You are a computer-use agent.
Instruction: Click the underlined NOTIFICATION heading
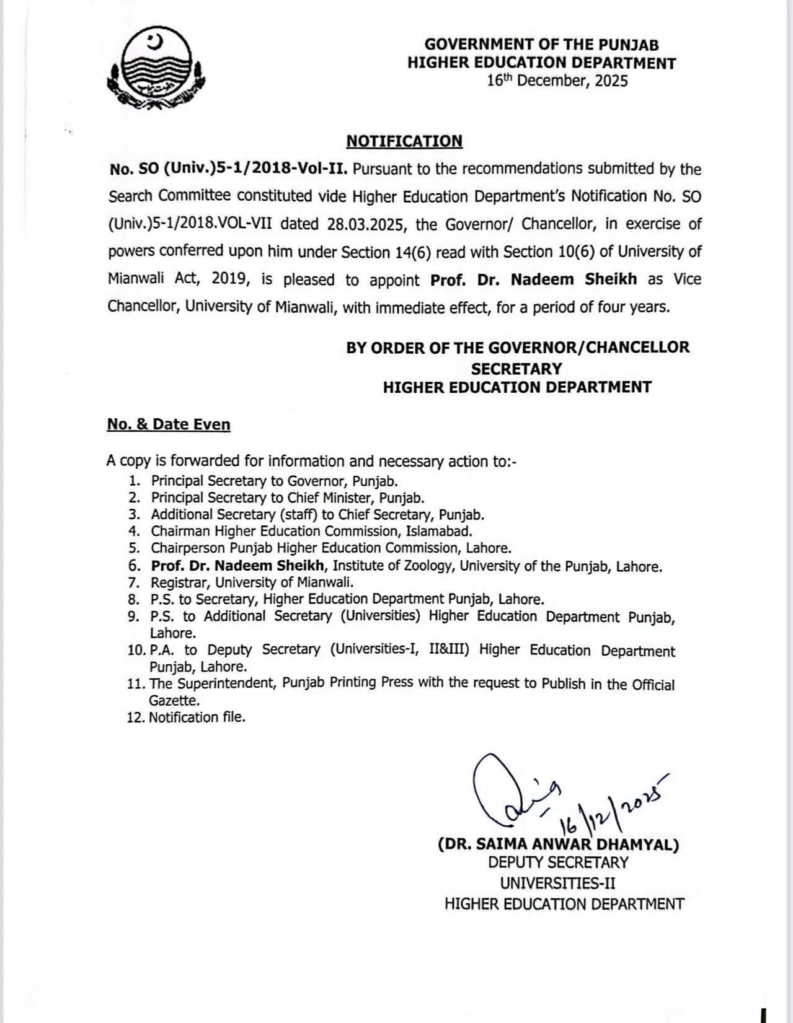(404, 141)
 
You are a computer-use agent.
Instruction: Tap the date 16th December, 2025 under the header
(557, 81)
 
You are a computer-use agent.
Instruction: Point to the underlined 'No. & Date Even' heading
(169, 424)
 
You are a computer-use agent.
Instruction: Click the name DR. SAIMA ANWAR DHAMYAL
(558, 845)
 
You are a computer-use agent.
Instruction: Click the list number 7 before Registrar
(133, 582)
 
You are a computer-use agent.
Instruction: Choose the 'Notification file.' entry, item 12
(197, 718)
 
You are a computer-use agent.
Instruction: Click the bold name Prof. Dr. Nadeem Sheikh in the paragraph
(533, 279)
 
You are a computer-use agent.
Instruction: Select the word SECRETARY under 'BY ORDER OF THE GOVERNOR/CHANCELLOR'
(516, 369)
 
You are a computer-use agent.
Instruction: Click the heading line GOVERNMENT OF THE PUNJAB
(541, 45)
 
